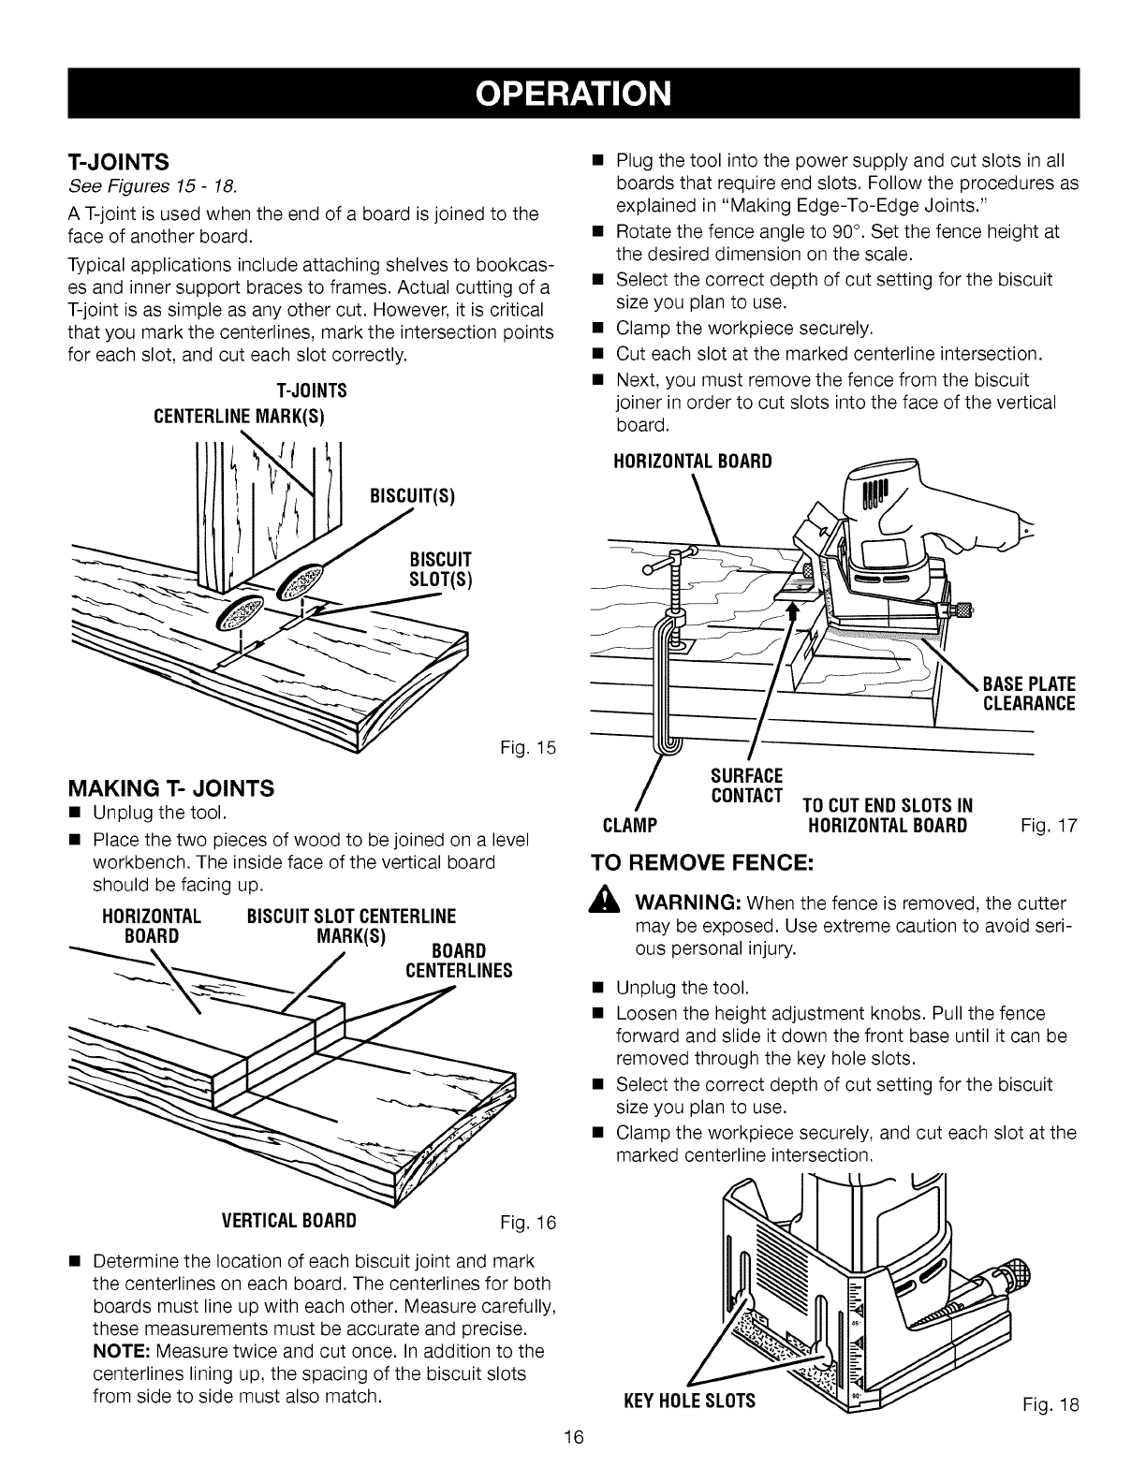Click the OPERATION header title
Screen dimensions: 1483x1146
point(573,94)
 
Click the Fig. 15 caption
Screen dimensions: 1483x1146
point(536,746)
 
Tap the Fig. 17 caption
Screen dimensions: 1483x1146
point(1053,827)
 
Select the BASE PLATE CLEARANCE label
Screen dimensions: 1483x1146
point(1028,693)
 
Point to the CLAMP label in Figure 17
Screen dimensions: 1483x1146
point(625,827)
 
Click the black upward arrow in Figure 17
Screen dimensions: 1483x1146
point(789,612)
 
